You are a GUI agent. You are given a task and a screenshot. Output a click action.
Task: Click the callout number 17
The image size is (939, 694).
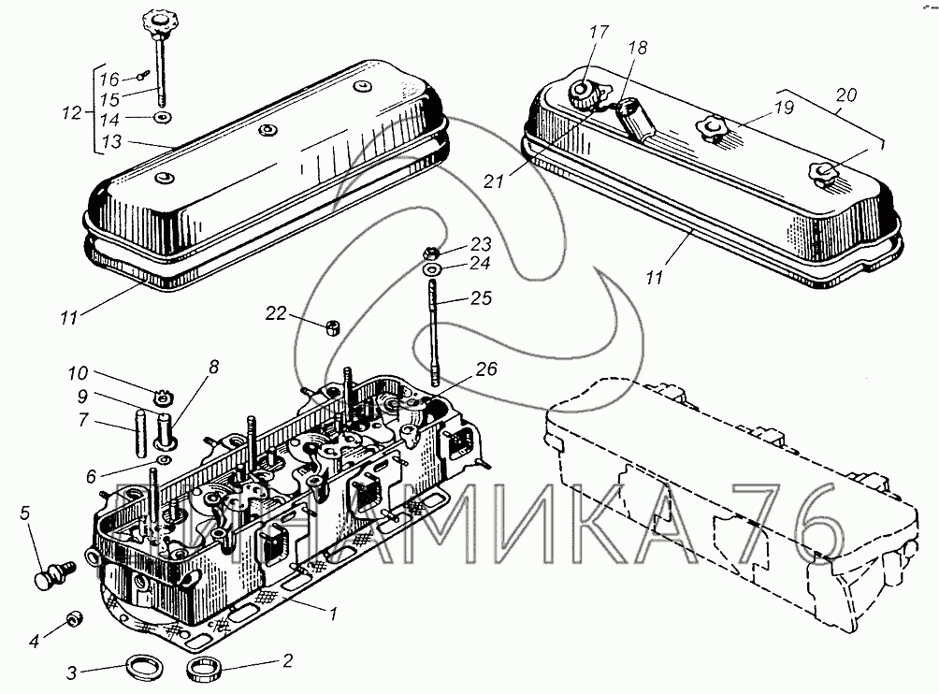(599, 32)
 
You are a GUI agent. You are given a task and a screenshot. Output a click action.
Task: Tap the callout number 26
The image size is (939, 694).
(486, 369)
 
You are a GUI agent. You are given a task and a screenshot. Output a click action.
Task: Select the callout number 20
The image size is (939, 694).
(846, 94)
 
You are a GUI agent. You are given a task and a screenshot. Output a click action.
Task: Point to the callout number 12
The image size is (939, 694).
(72, 112)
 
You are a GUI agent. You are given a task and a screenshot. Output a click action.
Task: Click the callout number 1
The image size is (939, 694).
(334, 614)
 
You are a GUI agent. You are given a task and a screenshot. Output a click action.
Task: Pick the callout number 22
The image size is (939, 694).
(276, 313)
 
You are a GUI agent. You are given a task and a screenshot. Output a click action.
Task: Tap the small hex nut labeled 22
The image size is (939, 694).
(332, 327)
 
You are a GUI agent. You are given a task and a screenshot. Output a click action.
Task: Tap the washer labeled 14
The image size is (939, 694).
(161, 117)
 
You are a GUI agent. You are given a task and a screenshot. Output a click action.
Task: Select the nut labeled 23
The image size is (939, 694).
(430, 253)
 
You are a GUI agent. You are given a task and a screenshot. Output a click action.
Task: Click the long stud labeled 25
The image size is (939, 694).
(433, 332)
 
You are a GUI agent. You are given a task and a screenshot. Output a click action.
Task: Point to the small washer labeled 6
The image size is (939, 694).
(163, 459)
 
